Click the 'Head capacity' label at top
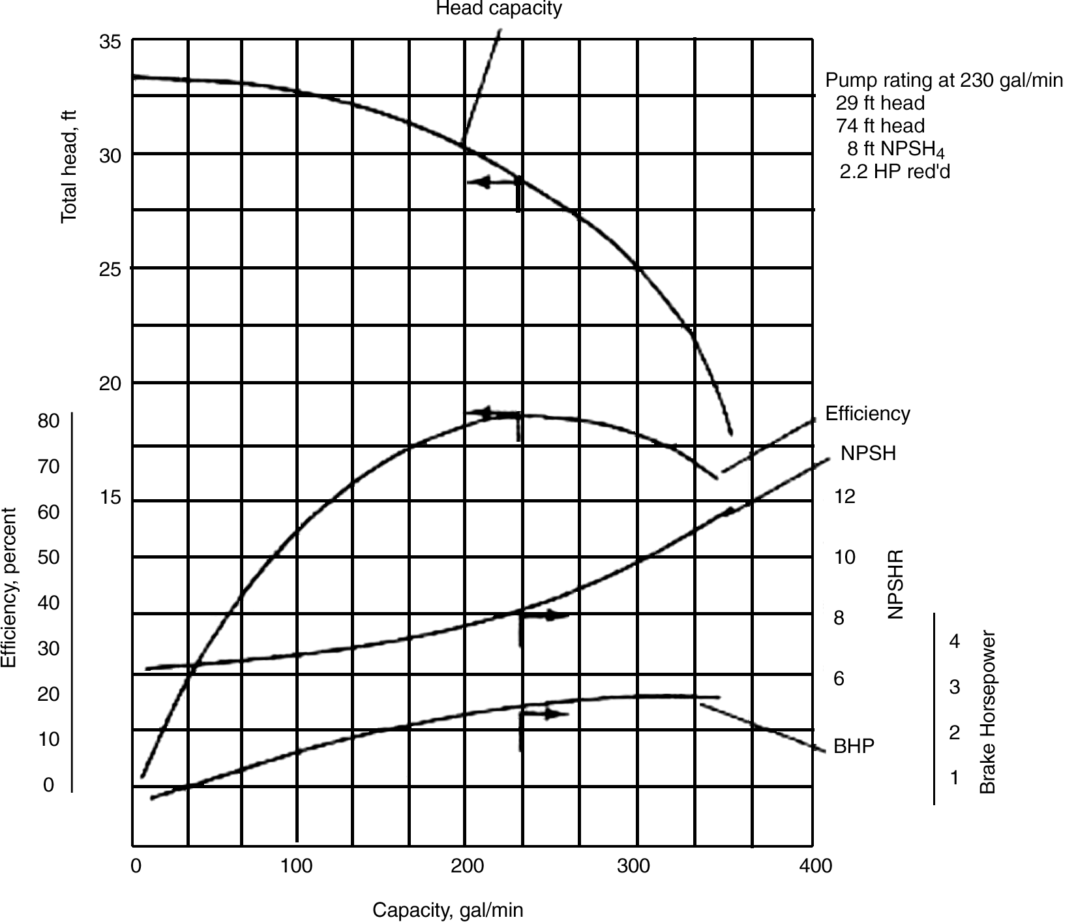[498, 8]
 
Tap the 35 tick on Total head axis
[110, 42]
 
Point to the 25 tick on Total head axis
[110, 269]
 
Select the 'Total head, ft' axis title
[68, 166]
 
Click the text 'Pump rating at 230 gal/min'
[944, 80]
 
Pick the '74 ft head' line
[880, 125]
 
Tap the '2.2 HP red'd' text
[894, 172]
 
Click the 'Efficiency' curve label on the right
[867, 414]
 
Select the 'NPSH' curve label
[868, 453]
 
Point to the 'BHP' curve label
[854, 746]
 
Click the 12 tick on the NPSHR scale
[844, 497]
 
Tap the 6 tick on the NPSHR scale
[839, 679]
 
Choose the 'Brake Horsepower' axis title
[988, 711]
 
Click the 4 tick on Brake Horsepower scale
[954, 641]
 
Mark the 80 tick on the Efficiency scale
[48, 421]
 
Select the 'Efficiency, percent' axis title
[8, 587]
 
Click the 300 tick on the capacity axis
[634, 866]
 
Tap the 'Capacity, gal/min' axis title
[447, 910]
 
